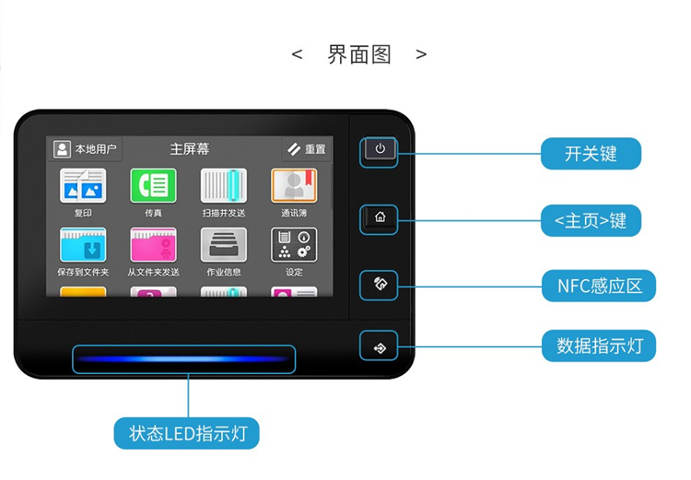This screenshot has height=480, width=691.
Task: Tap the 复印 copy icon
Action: [83, 185]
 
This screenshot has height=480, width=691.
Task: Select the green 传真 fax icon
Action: [153, 185]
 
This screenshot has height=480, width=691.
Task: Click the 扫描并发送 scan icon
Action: [224, 185]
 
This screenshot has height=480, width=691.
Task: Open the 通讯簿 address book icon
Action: [294, 185]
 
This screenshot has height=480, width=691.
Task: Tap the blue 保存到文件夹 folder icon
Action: [83, 245]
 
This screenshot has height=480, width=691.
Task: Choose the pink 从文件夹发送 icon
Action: [153, 245]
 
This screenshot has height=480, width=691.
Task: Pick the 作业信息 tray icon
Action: [224, 245]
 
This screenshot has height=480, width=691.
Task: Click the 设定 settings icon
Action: [294, 245]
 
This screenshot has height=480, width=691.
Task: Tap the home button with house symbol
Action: [380, 217]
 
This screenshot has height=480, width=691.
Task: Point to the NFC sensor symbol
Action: [380, 284]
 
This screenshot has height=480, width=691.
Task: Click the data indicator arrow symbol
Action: [380, 348]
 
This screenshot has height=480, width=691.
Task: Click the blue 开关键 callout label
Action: [591, 153]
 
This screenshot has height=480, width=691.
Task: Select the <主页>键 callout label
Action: [591, 220]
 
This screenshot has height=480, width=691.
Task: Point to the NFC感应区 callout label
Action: [599, 286]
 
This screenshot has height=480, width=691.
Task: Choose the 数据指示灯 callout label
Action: [599, 345]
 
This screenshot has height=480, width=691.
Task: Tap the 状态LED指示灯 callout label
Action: [187, 433]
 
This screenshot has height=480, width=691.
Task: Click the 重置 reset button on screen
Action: [307, 149]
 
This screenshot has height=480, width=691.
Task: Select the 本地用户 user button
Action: [85, 149]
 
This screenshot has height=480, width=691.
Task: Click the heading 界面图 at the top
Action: [359, 54]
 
